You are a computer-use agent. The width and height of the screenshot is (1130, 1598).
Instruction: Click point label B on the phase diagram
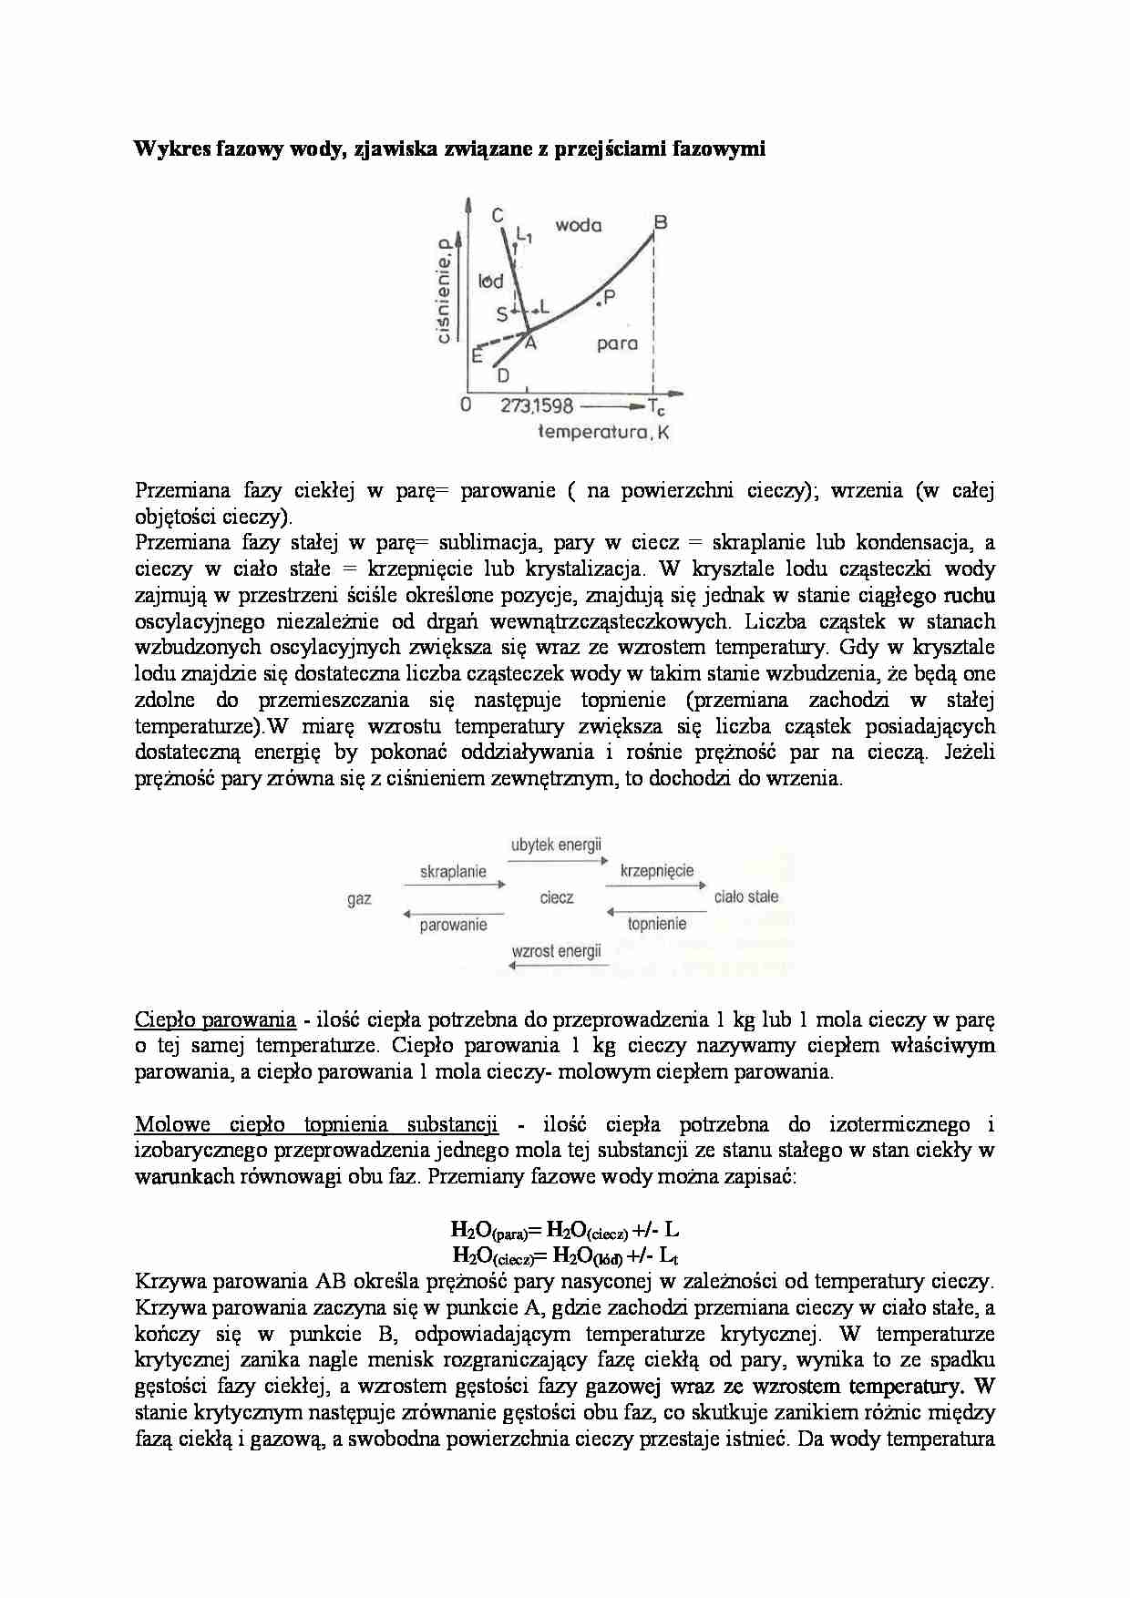pos(661,221)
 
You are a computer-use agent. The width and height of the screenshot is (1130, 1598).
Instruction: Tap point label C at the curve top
pos(498,216)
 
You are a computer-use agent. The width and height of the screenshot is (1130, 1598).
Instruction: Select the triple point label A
pos(529,343)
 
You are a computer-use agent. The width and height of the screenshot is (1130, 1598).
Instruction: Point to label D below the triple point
pos(502,375)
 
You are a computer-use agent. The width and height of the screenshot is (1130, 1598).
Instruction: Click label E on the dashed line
pos(476,356)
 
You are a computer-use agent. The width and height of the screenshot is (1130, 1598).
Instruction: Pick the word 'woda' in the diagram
pos(579,225)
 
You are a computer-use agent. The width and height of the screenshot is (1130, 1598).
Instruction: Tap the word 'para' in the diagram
pos(617,343)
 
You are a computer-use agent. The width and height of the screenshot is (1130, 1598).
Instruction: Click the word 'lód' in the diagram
pos(490,282)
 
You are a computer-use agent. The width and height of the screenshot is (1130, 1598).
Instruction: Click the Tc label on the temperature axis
pos(657,407)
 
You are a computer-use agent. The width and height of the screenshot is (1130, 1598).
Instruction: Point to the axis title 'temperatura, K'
pos(603,433)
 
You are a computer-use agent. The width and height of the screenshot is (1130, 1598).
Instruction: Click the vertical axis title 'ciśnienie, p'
pos(445,291)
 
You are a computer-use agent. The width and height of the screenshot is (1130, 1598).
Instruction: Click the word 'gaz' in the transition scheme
pos(359,899)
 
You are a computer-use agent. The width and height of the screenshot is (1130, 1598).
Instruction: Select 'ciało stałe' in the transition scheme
pos(746,896)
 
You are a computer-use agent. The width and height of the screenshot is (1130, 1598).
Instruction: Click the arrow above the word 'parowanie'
pos(453,912)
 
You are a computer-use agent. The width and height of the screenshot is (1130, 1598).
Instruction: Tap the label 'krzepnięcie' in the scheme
pos(657,871)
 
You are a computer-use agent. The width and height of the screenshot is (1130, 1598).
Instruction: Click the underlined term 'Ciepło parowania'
pos(215,1019)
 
